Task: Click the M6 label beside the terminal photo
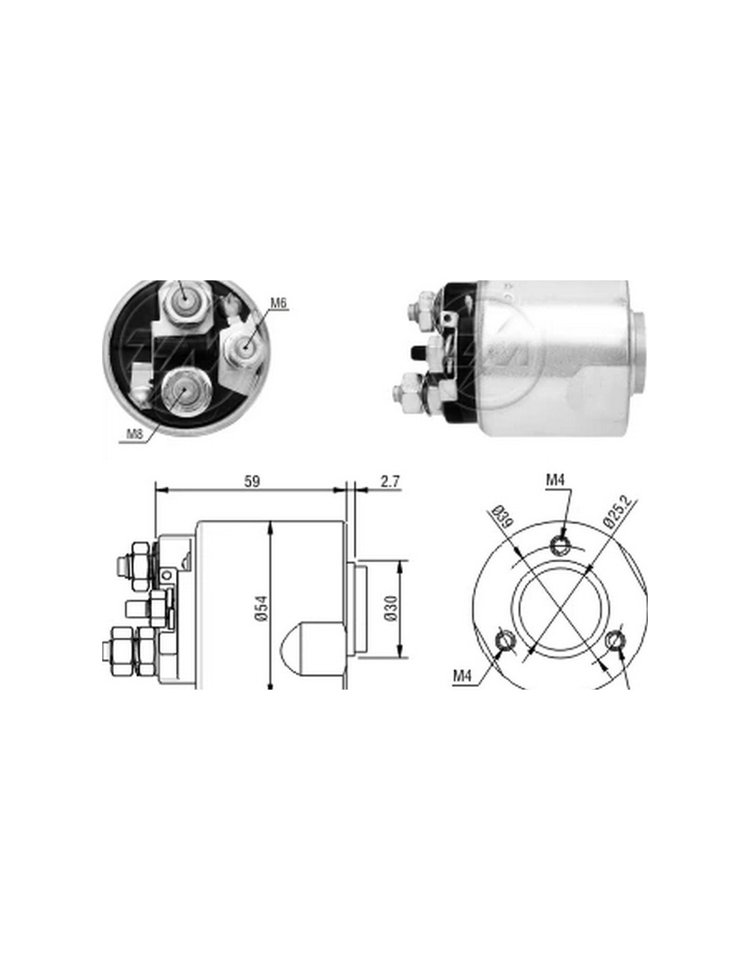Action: (278, 303)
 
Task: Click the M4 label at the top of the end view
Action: (555, 480)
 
